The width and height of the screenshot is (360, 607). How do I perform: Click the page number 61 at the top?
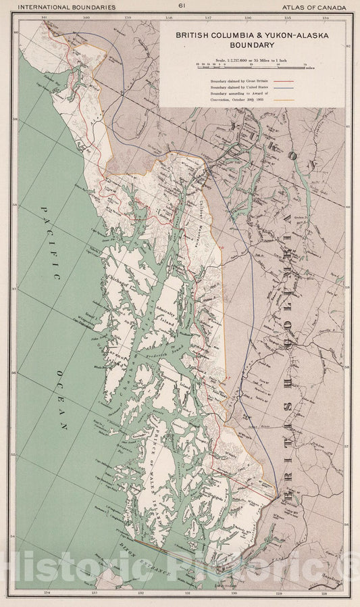click(x=181, y=5)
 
